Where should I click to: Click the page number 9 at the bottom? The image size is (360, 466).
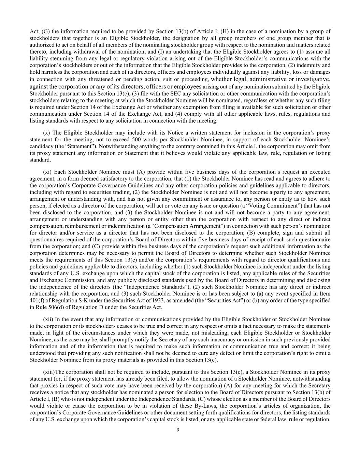[x=178, y=429]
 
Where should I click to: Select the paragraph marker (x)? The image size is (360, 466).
[x=47, y=133]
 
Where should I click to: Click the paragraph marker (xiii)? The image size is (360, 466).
[x=49, y=372]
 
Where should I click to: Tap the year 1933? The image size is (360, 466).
[x=156, y=300]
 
